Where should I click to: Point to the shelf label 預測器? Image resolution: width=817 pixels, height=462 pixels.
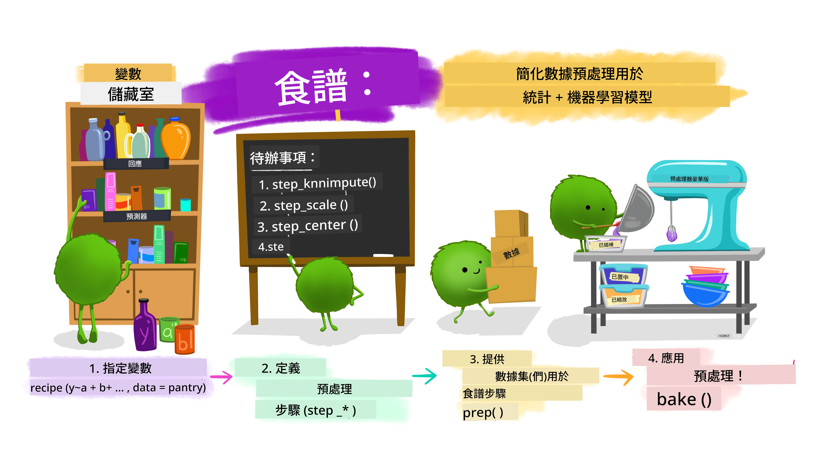point(137,216)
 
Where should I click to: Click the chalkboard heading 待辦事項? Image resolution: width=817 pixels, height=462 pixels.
point(278,158)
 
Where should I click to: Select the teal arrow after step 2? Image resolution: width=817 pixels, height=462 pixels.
point(425,376)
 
